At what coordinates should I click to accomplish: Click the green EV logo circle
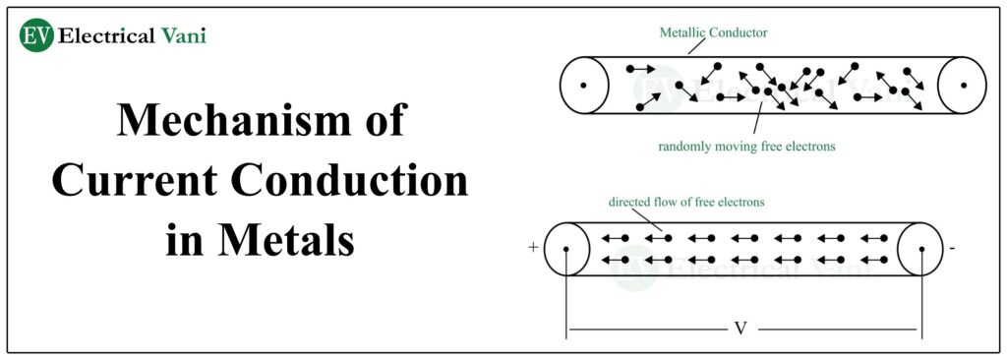click(36, 35)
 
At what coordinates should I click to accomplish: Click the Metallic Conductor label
click(713, 32)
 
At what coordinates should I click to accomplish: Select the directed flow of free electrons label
click(686, 202)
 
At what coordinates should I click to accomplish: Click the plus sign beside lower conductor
click(533, 248)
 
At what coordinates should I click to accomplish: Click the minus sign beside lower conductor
click(952, 249)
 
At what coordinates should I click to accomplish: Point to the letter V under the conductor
click(741, 328)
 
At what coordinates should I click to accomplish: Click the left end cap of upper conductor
click(584, 85)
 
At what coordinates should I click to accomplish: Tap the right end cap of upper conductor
click(962, 85)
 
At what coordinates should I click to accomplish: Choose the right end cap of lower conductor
click(921, 248)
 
